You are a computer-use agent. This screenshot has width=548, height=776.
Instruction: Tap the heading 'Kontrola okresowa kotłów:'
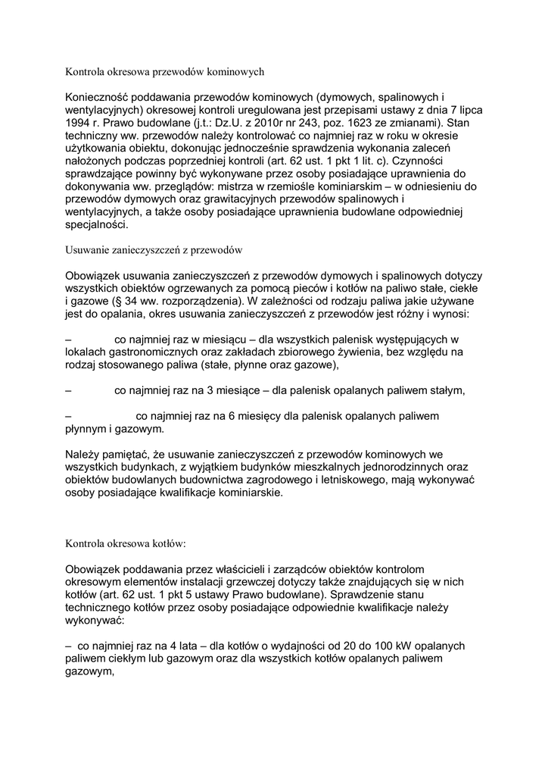(x=126, y=543)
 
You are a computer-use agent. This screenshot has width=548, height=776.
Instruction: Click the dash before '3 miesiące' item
(x=69, y=391)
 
